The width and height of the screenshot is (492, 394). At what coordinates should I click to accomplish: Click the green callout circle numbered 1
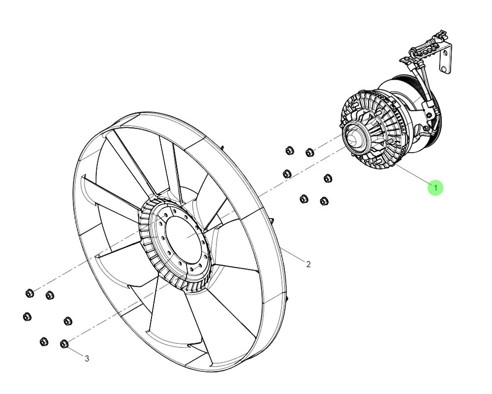click(435, 188)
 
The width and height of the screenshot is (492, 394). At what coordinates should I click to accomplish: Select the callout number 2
click(308, 264)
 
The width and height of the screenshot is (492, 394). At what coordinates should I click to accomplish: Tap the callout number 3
click(87, 358)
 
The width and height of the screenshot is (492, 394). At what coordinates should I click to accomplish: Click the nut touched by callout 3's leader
click(63, 344)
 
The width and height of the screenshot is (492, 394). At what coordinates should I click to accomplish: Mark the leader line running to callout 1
click(412, 174)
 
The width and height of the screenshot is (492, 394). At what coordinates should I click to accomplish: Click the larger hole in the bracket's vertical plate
click(443, 69)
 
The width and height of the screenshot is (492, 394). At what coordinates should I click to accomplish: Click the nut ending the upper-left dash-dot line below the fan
click(30, 294)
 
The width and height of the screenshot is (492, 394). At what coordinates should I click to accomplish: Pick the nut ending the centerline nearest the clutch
click(309, 153)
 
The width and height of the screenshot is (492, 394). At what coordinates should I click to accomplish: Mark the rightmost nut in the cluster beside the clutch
click(328, 178)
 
